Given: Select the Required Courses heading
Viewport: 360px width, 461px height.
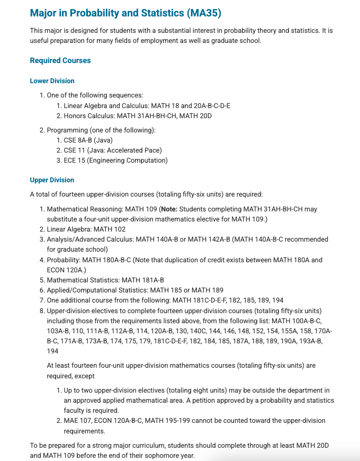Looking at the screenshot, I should (x=60, y=60).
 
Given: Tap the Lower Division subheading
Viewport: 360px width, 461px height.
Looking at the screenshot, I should (x=52, y=81).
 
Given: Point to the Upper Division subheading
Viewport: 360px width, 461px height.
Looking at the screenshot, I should (x=52, y=180).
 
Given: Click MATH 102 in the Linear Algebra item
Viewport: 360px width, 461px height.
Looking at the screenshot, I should (x=110, y=229).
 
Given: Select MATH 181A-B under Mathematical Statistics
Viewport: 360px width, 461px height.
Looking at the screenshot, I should (x=143, y=280).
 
